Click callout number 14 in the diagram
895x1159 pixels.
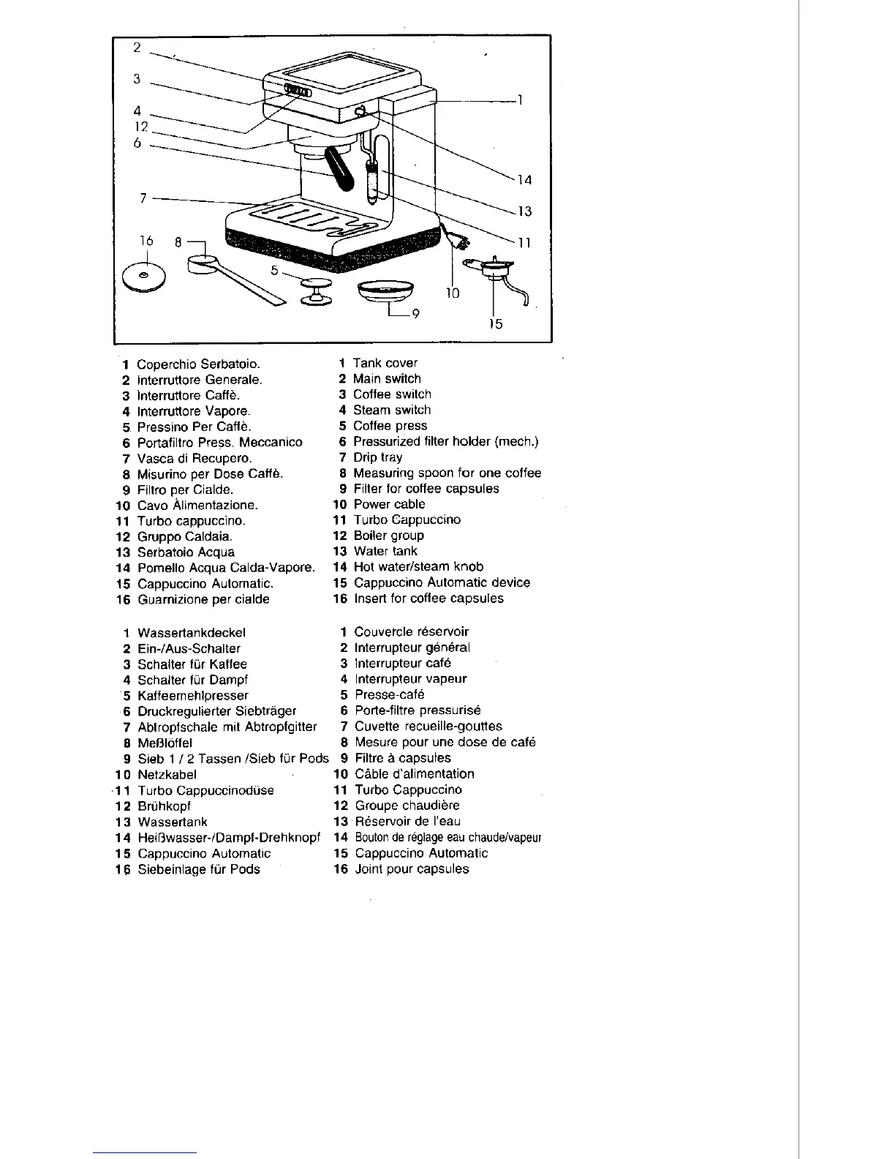click(524, 180)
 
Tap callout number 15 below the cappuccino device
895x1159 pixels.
click(496, 323)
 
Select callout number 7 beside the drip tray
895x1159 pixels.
click(144, 198)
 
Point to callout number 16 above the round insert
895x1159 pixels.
click(146, 241)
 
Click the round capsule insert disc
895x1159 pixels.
click(144, 275)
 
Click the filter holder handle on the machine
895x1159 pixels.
click(341, 168)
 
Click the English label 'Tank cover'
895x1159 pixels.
click(385, 363)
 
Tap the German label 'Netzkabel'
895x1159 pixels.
click(167, 774)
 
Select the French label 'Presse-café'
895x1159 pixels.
click(389, 694)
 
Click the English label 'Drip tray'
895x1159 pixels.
click(377, 457)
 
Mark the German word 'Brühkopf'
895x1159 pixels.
click(164, 806)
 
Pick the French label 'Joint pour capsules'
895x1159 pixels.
click(412, 869)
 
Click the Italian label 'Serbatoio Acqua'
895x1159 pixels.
click(186, 552)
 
